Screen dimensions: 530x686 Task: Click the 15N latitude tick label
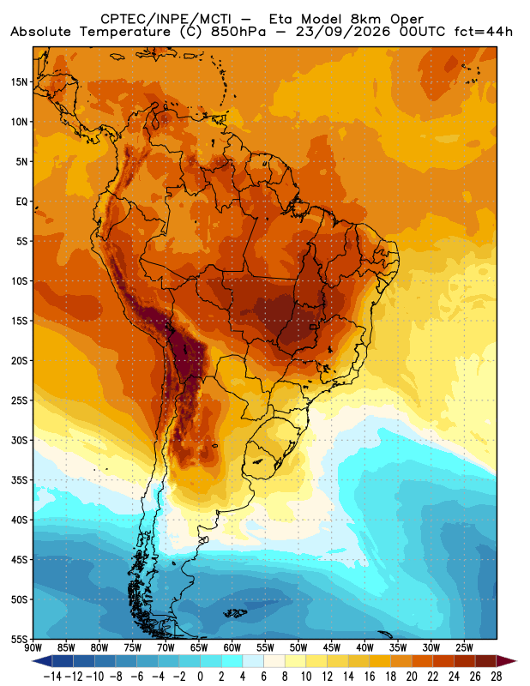point(19,82)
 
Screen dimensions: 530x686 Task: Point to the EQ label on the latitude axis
point(22,202)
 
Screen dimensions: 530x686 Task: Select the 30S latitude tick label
point(19,440)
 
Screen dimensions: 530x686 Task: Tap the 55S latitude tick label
point(19,639)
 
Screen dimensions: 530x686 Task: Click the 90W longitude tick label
point(33,647)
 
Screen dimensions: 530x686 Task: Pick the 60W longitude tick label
point(232,647)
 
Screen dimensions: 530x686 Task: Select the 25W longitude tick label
point(464,647)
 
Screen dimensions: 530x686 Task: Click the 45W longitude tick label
point(331,647)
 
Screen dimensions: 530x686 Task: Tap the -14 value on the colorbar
point(52,677)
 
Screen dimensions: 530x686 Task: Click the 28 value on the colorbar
point(496,677)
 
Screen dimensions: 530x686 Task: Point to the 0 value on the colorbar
point(200,677)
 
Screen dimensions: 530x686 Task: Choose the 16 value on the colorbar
point(370,677)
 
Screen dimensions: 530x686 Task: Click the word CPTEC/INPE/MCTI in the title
point(166,19)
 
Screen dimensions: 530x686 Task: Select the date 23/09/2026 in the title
point(343,32)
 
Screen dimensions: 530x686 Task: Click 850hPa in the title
point(238,32)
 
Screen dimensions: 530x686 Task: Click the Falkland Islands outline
point(236,613)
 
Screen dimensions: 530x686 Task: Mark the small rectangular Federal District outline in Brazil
point(313,327)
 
